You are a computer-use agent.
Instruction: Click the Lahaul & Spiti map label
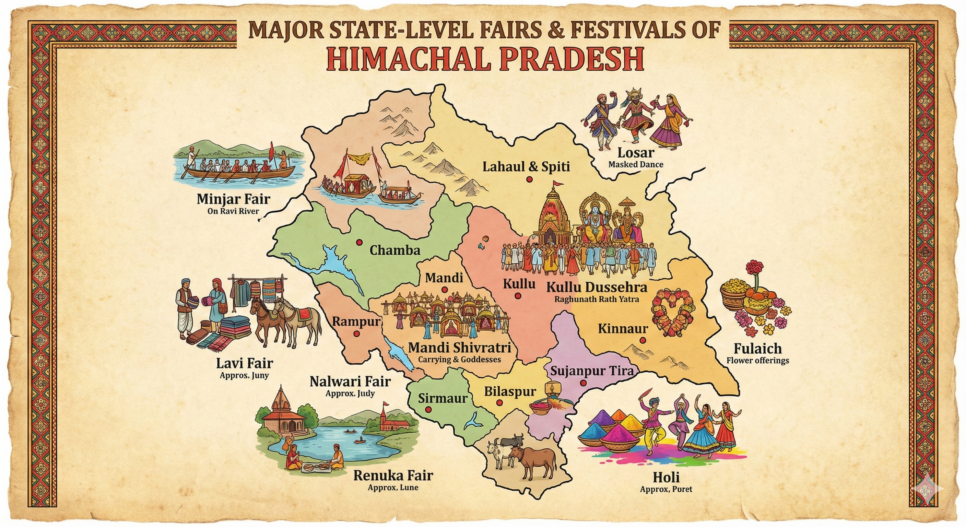click(x=526, y=166)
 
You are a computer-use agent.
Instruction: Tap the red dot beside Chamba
click(x=360, y=242)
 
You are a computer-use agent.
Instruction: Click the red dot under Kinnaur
click(x=643, y=340)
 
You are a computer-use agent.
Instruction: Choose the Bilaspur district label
click(x=510, y=391)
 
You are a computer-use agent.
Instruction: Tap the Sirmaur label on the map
click(x=443, y=398)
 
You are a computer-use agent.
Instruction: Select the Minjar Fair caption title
click(x=233, y=199)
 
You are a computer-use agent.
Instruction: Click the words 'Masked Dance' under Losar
click(x=636, y=164)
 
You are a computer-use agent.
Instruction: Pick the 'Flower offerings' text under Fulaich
click(x=757, y=361)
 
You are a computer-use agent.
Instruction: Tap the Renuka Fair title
click(x=393, y=476)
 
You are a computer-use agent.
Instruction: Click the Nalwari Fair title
click(x=350, y=382)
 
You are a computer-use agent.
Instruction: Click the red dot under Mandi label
click(x=444, y=290)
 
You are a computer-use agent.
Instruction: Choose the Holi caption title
click(x=666, y=478)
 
